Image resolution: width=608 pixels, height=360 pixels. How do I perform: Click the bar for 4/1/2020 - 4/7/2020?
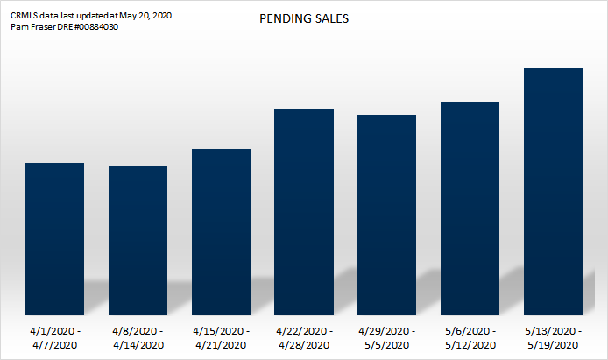[54, 238]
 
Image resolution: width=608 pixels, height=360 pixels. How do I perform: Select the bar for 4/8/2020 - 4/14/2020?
[138, 240]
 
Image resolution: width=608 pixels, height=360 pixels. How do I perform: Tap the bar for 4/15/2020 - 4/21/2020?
[221, 231]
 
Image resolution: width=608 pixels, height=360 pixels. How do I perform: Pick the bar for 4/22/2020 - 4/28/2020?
[304, 211]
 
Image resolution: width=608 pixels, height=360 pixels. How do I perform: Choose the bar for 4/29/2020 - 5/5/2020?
[387, 215]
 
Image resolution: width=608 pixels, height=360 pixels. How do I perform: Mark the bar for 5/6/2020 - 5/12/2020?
[470, 208]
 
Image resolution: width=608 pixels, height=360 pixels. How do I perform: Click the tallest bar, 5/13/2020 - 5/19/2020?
[553, 191]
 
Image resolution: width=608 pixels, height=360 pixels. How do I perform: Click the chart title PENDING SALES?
[304, 18]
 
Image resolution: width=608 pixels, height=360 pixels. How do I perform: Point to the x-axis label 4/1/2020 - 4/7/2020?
[55, 338]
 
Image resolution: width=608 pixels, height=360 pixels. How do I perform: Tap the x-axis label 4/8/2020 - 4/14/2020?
[138, 338]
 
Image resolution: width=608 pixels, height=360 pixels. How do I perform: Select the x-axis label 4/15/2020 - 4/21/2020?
[221, 338]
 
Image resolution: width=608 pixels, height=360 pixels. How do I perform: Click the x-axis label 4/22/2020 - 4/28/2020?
[304, 338]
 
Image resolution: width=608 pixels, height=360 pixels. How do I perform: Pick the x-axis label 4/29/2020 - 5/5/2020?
[387, 338]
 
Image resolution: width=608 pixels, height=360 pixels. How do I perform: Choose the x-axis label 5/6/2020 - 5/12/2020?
[470, 338]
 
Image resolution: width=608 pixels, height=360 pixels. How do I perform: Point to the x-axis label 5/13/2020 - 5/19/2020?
[553, 338]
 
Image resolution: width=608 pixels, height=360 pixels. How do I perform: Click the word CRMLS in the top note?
[24, 16]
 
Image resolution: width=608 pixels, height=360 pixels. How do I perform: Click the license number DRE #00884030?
[88, 26]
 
